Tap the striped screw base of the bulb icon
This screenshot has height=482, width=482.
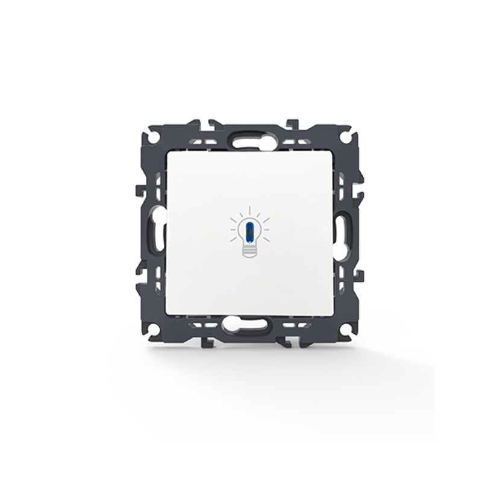pyautogui.click(x=249, y=249)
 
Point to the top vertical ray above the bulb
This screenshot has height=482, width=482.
pyautogui.click(x=249, y=211)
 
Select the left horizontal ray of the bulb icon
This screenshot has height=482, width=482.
pyautogui.click(x=233, y=229)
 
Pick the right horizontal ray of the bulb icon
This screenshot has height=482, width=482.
pyautogui.click(x=266, y=229)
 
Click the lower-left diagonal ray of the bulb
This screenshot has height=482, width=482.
pyautogui.click(x=236, y=239)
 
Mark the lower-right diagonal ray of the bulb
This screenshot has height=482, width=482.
pyautogui.click(x=263, y=239)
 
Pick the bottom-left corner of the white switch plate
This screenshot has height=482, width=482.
pyautogui.click(x=169, y=315)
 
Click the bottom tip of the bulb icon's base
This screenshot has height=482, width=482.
pyautogui.click(x=249, y=257)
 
